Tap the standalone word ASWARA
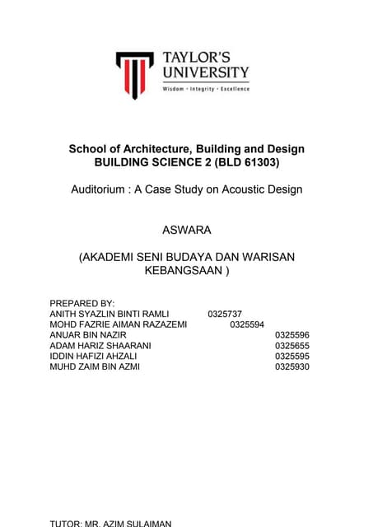(x=186, y=230)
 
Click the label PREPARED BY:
(x=82, y=304)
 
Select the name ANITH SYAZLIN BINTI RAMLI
(x=110, y=315)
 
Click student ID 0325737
(x=225, y=315)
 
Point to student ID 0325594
(x=247, y=325)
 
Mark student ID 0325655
(x=291, y=347)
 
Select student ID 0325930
(x=291, y=367)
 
